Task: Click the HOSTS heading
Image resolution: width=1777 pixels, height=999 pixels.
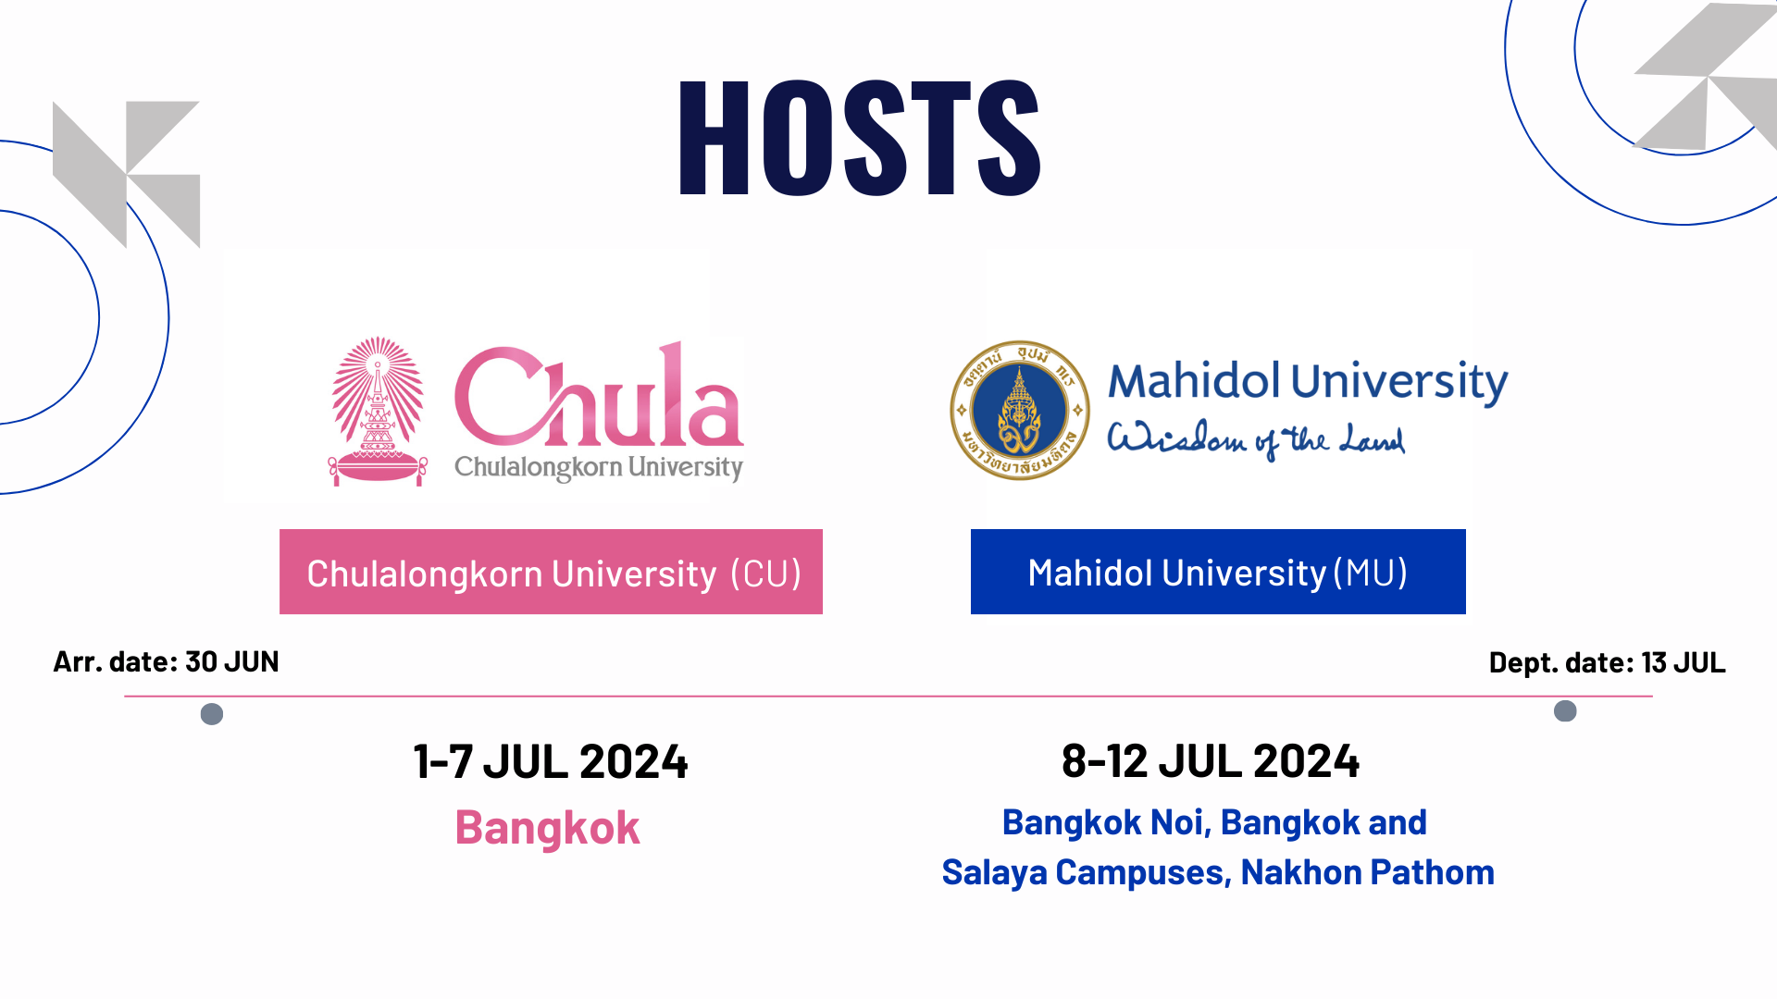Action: pos(861,137)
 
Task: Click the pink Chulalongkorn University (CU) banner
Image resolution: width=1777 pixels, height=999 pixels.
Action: pos(551,572)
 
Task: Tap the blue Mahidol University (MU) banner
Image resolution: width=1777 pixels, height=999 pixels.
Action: pos(1218,572)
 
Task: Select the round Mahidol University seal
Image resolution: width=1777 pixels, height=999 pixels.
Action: pos(1020,410)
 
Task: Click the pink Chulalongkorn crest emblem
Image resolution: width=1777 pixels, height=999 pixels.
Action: pos(378,411)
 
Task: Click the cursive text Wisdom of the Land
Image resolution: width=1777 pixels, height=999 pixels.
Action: pos(1256,438)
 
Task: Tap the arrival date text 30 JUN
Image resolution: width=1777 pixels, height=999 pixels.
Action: pos(231,661)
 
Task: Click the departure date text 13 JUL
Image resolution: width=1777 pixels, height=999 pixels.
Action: pos(1683,662)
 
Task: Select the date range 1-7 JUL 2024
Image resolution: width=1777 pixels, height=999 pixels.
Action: pos(551,761)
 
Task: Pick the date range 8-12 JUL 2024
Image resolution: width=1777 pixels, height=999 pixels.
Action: pos(1211,760)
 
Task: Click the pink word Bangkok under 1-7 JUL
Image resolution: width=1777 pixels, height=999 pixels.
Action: pos(547,828)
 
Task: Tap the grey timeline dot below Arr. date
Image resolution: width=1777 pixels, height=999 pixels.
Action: pos(212,714)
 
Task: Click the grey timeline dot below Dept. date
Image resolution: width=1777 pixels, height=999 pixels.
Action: pos(1565,710)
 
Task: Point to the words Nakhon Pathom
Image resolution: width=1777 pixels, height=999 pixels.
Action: pos(1368,872)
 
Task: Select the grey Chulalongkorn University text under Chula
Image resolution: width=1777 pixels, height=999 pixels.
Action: pos(599,467)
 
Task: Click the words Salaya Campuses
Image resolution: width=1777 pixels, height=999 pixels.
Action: pos(1086,872)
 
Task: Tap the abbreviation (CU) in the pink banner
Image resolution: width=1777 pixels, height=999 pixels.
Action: pos(765,573)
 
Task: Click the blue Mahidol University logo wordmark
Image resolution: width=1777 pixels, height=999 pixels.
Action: pos(1308,381)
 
